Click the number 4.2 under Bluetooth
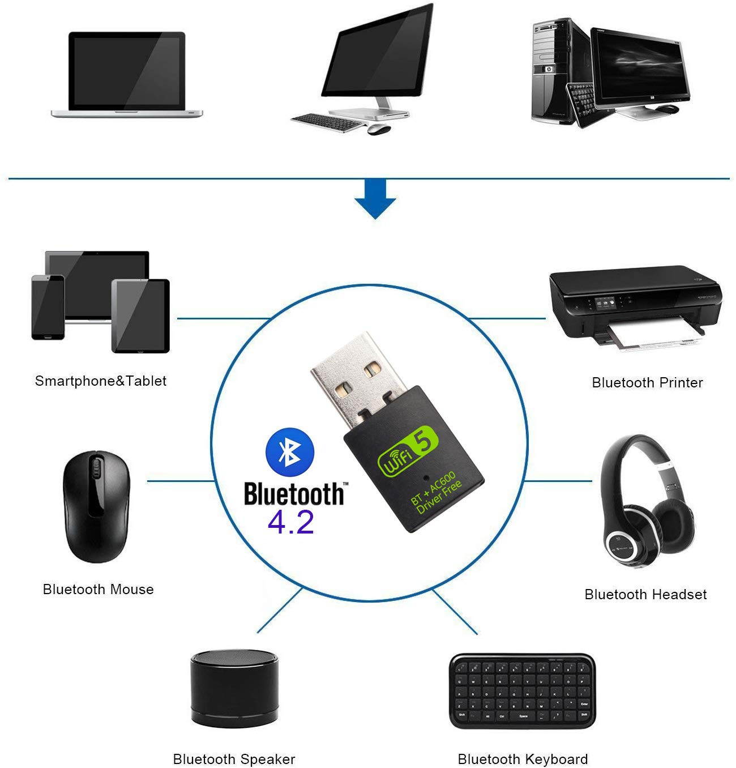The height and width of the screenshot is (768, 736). (290, 522)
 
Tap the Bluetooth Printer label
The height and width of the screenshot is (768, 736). (647, 383)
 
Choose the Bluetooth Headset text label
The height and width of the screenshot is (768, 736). (645, 595)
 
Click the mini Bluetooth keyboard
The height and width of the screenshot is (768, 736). (522, 692)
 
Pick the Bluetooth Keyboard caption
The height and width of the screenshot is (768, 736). (523, 759)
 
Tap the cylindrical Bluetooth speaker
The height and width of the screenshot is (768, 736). (234, 688)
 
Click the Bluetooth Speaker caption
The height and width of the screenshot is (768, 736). (234, 759)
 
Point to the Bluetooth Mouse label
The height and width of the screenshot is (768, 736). (98, 590)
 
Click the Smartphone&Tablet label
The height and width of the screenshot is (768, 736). (101, 381)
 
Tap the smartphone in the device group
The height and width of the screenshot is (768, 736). (48, 306)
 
